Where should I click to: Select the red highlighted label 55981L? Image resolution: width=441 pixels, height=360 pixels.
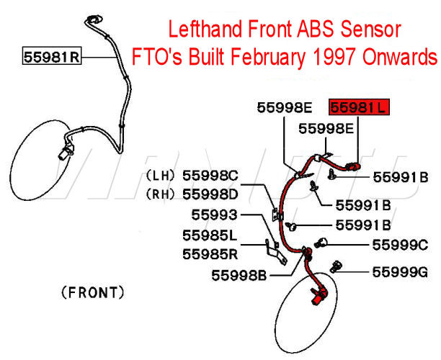359,108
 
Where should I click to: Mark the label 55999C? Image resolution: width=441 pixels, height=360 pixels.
400,245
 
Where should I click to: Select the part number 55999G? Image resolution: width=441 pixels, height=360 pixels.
400,272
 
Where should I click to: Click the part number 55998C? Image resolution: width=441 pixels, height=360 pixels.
210,176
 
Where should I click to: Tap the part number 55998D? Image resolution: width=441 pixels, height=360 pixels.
210,194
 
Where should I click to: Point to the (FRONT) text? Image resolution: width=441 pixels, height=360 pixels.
93,292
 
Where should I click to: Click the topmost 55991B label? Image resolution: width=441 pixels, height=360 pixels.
400,176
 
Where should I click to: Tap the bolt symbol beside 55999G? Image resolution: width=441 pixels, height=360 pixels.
335,269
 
